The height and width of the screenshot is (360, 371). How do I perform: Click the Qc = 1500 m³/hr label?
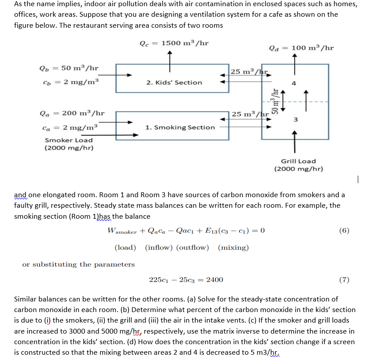point(174,43)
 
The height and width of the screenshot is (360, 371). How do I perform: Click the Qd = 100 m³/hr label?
point(301,48)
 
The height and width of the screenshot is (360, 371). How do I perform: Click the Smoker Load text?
point(69,140)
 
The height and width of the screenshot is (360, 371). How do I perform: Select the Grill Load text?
point(298,161)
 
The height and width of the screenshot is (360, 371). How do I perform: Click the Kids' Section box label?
point(174,82)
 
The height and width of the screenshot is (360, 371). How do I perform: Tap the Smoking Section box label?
point(180,127)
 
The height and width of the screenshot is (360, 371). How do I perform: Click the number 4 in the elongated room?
point(296,83)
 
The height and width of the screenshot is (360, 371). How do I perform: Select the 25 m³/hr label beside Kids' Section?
point(250,71)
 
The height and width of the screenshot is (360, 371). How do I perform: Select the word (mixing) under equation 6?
point(233,247)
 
